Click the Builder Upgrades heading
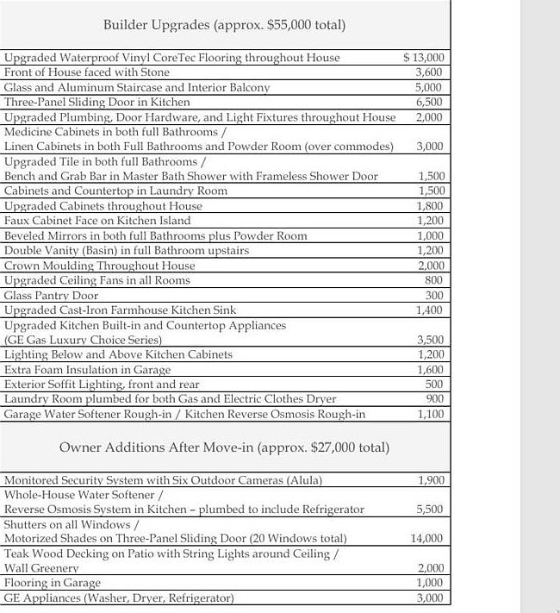[x=224, y=24]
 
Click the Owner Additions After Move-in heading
[x=224, y=447]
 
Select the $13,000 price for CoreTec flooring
[x=423, y=58]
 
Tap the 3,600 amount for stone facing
[x=428, y=72]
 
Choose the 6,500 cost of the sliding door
[x=428, y=102]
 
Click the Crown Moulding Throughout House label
[x=99, y=266]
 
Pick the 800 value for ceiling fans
[x=433, y=280]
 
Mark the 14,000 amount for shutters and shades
[x=426, y=539]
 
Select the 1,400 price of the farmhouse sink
[x=428, y=310]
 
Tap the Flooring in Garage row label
[x=52, y=583]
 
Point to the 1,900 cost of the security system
[x=429, y=479]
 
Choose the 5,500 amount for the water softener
[x=429, y=510]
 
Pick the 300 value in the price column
[x=434, y=295]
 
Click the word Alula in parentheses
[x=302, y=479]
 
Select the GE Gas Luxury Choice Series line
[x=83, y=340]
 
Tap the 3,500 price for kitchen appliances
[x=429, y=340]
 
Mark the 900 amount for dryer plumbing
[x=434, y=398]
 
